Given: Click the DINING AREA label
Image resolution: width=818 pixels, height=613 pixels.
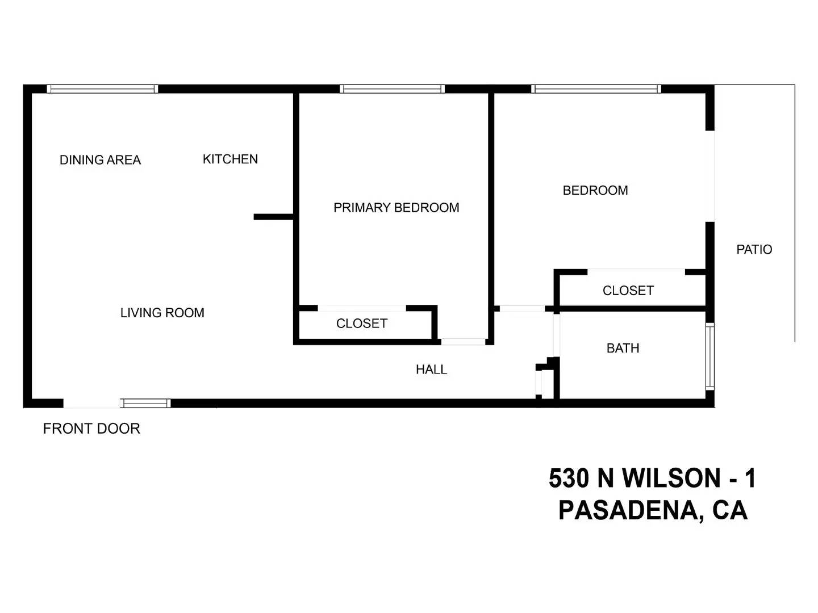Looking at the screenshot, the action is pos(100,160).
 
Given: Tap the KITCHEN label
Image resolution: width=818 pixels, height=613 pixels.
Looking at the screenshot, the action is pos(230,159).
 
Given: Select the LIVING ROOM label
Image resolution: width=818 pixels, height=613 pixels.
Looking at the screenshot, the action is pos(162,313).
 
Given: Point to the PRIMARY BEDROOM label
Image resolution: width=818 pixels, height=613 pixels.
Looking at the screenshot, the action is pos(396,208).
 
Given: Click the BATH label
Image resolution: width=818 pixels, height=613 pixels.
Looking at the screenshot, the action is pos(623,349).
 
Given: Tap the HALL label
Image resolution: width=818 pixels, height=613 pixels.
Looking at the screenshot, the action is pos(431,370).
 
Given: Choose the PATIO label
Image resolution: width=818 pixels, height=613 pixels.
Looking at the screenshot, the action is pos(754,249).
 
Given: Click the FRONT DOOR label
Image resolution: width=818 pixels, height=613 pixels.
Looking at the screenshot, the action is pos(91,429).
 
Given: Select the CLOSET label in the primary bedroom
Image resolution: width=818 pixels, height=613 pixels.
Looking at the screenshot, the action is pos(361,324).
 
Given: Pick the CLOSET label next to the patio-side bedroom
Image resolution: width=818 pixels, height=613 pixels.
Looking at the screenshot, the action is pos(628,291).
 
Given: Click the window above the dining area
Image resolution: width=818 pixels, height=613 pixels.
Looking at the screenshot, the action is pos(102,89).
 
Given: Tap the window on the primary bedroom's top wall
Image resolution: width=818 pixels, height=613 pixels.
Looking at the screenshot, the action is pos(392,89).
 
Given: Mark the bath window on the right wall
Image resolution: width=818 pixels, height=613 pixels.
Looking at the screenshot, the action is pos(710,356).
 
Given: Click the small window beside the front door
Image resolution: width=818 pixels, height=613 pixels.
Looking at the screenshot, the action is pos(145,403).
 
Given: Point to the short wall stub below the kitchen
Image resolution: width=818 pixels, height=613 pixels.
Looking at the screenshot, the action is pos(274,217).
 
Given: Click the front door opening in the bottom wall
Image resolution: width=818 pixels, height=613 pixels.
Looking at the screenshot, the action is pos(91,403).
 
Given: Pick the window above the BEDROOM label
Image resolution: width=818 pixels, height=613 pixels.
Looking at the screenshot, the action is pos(596,89).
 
